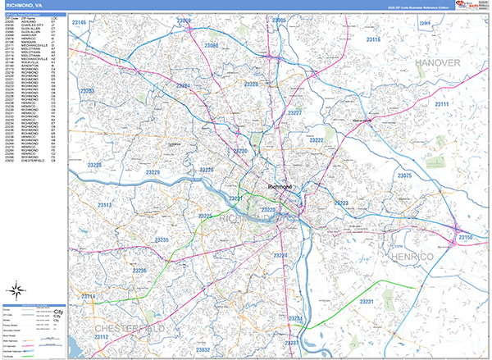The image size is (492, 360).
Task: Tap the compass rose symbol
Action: [x=16, y=289]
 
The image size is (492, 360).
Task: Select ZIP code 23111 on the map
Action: [x=442, y=105]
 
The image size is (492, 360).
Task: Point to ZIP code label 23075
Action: [x=404, y=175]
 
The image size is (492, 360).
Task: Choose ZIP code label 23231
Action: [x=367, y=302]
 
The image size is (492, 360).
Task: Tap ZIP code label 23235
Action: [x=160, y=239]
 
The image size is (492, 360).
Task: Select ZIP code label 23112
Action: [x=102, y=337]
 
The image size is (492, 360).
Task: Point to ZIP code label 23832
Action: [x=203, y=350]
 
